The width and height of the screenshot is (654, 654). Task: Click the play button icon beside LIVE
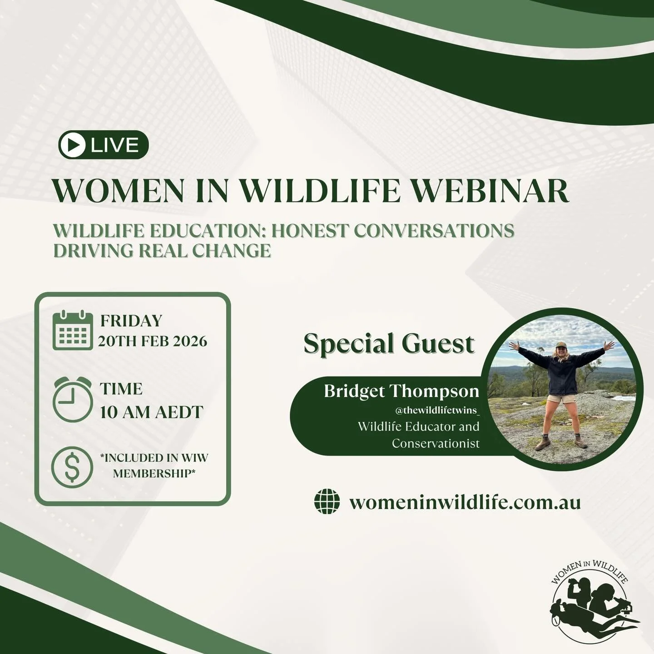point(76,145)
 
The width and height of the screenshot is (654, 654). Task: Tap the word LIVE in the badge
point(114,145)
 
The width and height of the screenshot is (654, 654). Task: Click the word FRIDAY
point(131,321)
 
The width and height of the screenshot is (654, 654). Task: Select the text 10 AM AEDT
point(151,412)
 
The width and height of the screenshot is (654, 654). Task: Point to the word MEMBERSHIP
point(154,473)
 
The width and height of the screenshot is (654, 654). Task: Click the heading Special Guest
point(389,343)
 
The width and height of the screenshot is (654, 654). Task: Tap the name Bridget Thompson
point(401,391)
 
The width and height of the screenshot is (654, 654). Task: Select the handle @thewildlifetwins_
point(437,411)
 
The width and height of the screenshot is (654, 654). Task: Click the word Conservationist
point(436,443)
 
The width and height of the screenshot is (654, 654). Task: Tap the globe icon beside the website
point(327,502)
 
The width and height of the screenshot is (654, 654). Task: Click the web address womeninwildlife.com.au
point(465,502)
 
